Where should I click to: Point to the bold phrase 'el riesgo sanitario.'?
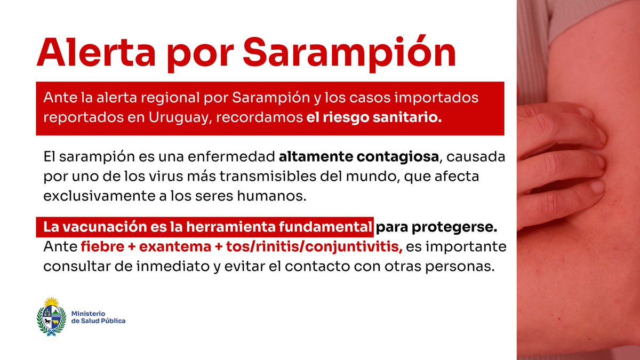(x=374, y=118)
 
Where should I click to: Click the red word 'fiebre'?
(x=99, y=247)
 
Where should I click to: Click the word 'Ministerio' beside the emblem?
(x=88, y=313)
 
